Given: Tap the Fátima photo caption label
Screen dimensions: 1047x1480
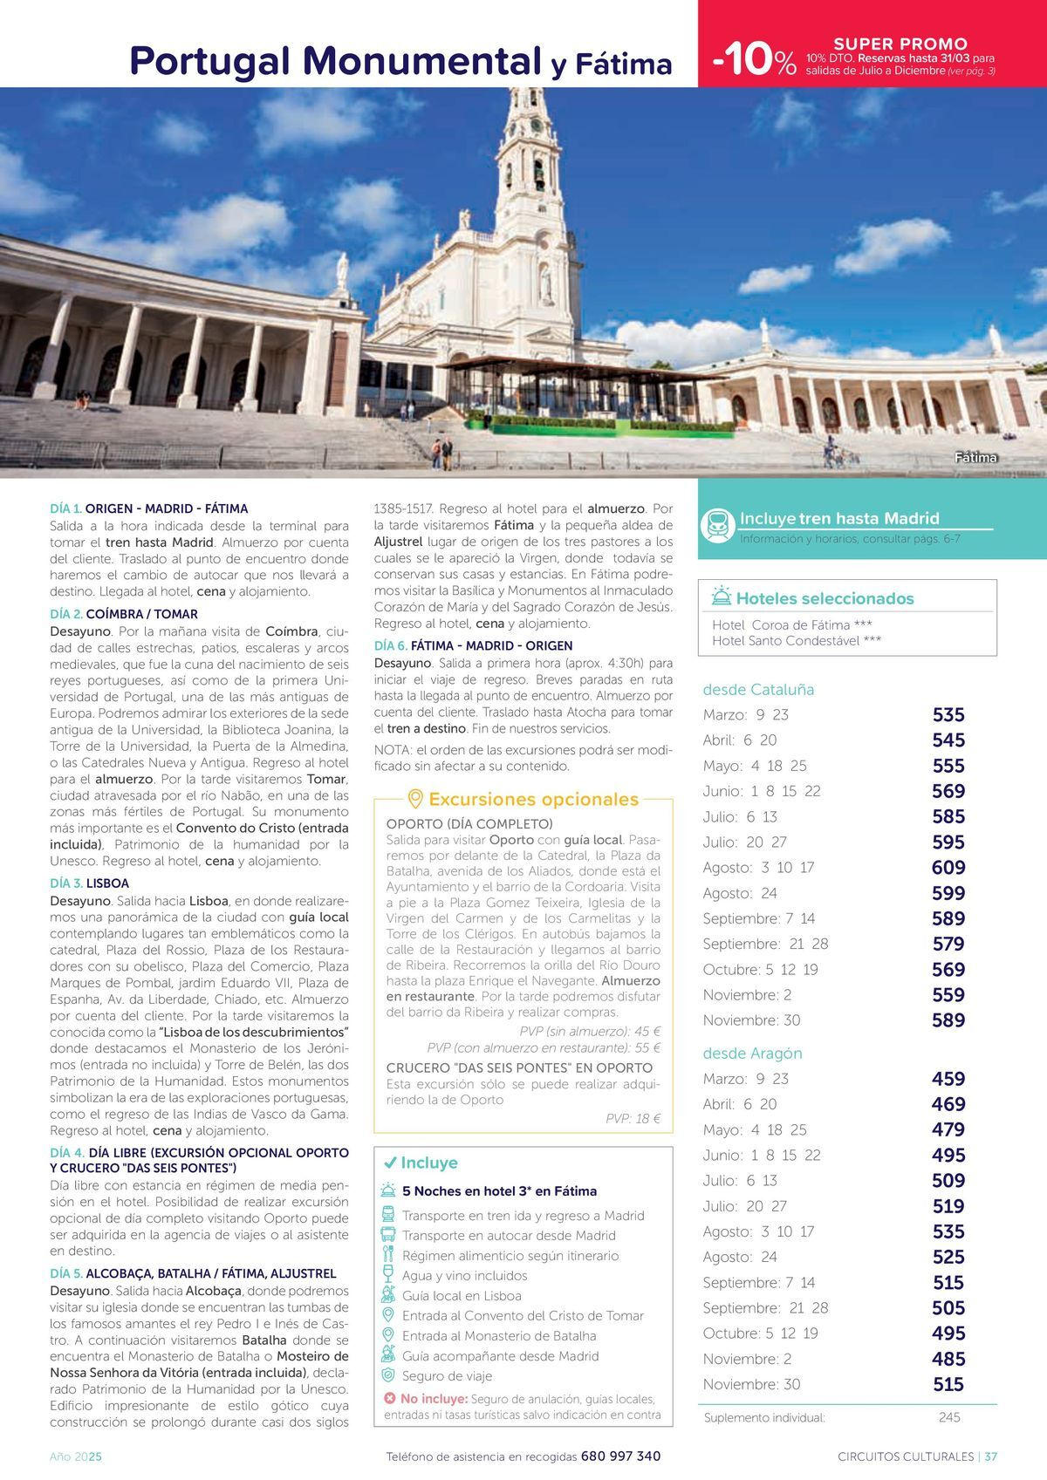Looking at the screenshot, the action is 975,458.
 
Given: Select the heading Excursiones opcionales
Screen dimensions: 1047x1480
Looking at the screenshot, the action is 533,799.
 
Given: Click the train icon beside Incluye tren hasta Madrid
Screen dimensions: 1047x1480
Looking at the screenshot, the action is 718,526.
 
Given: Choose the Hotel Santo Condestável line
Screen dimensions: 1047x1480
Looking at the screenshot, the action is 796,641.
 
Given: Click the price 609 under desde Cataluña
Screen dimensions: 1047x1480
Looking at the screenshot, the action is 948,868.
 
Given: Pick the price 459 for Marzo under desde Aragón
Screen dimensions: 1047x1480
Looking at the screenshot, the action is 948,1079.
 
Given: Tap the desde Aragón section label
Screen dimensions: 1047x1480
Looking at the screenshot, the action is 752,1053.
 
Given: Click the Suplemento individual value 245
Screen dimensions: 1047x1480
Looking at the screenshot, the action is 949,1417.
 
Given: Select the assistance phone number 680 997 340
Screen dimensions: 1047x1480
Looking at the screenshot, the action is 620,1456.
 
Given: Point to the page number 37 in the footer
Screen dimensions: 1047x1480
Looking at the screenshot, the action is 990,1456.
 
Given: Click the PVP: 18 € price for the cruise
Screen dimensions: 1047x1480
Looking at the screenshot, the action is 633,1118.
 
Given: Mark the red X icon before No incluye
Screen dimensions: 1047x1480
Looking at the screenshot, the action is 389,1399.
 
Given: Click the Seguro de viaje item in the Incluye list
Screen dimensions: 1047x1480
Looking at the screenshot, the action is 447,1376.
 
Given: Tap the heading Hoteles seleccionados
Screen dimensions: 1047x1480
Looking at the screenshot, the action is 825,598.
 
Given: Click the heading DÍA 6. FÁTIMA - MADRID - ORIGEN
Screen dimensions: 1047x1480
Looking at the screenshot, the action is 473,645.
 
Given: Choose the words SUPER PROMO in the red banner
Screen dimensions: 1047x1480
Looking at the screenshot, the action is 900,44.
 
